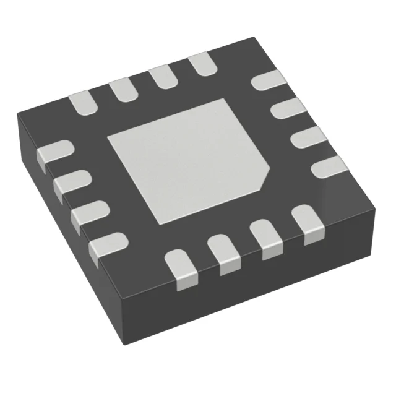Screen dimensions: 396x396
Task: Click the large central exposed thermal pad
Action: pyautogui.click(x=186, y=158)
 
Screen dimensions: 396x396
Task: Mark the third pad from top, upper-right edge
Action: pyautogui.click(x=304, y=138)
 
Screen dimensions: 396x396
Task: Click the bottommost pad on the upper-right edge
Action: pyautogui.click(x=327, y=166)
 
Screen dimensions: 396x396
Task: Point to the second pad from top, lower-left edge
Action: pyautogui.click(x=72, y=184)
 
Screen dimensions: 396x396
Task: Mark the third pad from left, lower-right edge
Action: pyautogui.click(x=267, y=238)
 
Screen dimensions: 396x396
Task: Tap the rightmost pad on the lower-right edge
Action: pyautogui.click(x=306, y=223)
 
